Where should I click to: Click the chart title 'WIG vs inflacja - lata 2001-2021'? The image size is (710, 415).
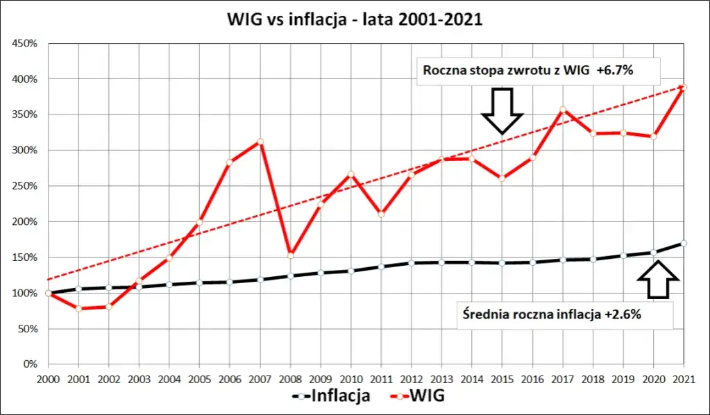[x=355, y=19]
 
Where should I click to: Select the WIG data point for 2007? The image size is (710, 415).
[x=260, y=142]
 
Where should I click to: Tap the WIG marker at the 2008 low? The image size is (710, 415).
[x=291, y=255]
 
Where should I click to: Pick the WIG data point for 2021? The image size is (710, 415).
[x=684, y=87]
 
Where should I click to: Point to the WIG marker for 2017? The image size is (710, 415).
[x=563, y=109]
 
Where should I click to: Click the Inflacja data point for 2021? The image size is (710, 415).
[x=684, y=243]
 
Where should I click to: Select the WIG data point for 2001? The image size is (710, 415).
[x=78, y=308]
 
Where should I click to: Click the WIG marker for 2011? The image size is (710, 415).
[x=381, y=214]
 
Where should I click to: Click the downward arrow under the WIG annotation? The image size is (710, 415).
[x=502, y=110]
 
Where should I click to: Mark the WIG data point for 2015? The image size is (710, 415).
[x=502, y=178]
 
